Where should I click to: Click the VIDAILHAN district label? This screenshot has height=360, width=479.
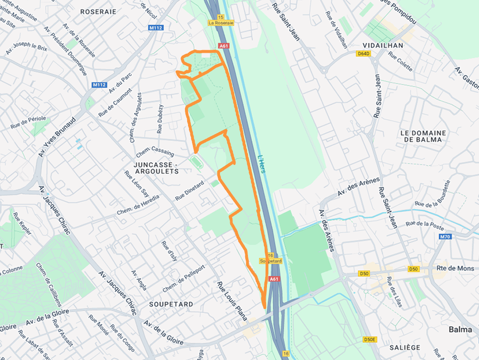tap(383, 46)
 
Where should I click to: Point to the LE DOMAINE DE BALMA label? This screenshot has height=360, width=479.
tap(423, 136)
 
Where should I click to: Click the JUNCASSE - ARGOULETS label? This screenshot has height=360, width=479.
tap(156, 168)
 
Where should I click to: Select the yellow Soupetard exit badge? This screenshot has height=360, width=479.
tap(271, 261)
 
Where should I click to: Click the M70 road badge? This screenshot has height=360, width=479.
tap(445, 237)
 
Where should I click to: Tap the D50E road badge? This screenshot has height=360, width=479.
tap(369, 340)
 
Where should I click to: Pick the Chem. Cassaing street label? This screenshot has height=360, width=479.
tap(156, 151)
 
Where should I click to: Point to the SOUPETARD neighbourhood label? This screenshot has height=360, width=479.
tap(171, 304)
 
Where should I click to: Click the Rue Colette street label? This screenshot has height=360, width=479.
tap(400, 62)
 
